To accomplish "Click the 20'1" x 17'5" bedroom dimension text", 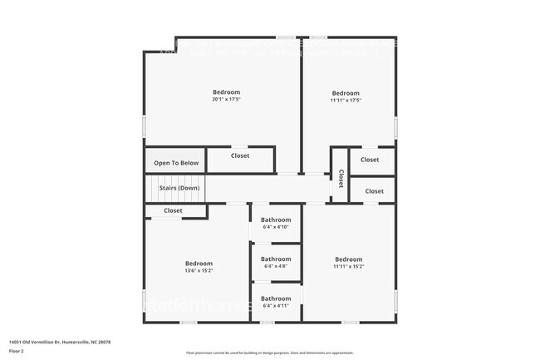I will (x=226, y=100).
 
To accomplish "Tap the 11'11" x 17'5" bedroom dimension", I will (x=346, y=101).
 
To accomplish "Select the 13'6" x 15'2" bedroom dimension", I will (x=199, y=270).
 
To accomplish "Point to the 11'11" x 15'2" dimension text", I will (x=348, y=267).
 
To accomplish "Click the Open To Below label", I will (x=176, y=163).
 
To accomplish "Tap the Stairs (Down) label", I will (x=179, y=188).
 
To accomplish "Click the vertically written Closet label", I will (x=341, y=178).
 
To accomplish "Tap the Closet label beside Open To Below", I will (x=240, y=155).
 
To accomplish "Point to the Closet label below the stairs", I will (x=173, y=211).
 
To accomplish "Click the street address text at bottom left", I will (x=60, y=342).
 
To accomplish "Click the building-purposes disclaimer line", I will (x=269, y=353).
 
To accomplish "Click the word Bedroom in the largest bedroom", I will (x=226, y=91).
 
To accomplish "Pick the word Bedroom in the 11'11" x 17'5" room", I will (x=346, y=92).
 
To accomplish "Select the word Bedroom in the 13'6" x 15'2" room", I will (x=199, y=263).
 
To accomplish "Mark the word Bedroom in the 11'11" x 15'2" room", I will (x=348, y=259).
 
